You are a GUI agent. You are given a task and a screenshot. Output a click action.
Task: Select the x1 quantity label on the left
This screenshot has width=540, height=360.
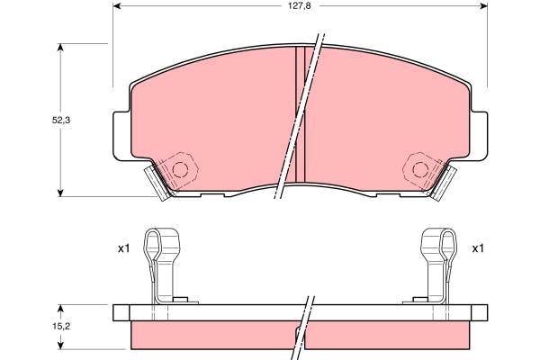tap(123, 248)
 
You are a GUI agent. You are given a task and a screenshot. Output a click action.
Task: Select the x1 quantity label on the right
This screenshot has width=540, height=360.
tap(479, 248)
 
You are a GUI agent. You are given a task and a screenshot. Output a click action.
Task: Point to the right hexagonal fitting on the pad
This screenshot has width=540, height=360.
tap(419, 168)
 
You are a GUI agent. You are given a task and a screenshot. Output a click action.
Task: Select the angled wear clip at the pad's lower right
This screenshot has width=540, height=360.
tap(443, 183)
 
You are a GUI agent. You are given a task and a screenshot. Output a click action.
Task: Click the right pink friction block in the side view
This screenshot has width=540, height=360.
tap(387, 335)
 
